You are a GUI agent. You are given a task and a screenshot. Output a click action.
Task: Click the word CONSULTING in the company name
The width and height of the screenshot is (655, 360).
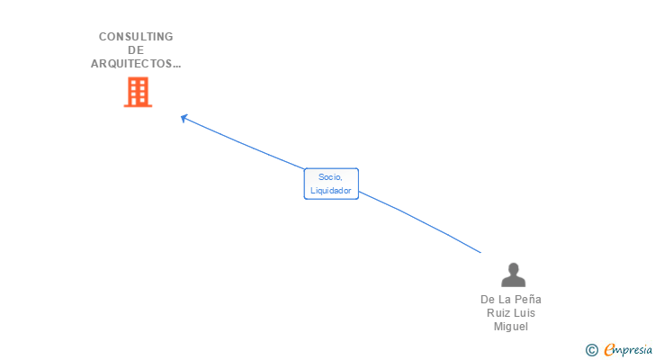click(x=136, y=37)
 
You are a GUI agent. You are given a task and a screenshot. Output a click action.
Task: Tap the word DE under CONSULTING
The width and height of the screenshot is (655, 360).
click(x=136, y=50)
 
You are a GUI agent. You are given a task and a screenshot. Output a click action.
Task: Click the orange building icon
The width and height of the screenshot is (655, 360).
click(x=137, y=92)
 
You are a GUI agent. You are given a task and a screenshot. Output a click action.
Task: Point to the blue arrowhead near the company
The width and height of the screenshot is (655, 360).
click(x=184, y=117)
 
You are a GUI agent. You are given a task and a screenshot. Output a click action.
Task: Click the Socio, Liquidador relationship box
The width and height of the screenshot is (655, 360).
click(x=331, y=184)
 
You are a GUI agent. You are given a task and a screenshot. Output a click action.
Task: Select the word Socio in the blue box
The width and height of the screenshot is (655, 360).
click(x=330, y=177)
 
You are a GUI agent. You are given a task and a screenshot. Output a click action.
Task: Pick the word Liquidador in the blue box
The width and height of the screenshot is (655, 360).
click(x=331, y=191)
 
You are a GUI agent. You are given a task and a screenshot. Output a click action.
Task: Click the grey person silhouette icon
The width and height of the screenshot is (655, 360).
click(x=513, y=274)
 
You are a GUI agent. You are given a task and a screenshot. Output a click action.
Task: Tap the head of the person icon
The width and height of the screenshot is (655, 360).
click(x=513, y=268)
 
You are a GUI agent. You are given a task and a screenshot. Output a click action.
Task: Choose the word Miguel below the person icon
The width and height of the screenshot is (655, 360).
click(x=511, y=327)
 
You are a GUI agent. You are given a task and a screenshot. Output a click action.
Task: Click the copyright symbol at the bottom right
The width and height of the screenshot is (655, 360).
click(x=591, y=350)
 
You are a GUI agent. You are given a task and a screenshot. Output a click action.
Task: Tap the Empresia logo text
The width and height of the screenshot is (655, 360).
click(x=627, y=350)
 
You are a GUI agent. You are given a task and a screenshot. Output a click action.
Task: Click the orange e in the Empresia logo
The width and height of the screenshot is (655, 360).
click(x=609, y=350)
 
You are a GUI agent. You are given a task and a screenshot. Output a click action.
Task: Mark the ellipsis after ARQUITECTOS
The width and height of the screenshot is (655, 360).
click(x=176, y=64)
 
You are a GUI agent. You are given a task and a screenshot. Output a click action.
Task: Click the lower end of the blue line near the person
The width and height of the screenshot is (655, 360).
click(x=480, y=252)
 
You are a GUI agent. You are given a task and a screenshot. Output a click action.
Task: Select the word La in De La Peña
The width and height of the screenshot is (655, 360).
click(x=504, y=300)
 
